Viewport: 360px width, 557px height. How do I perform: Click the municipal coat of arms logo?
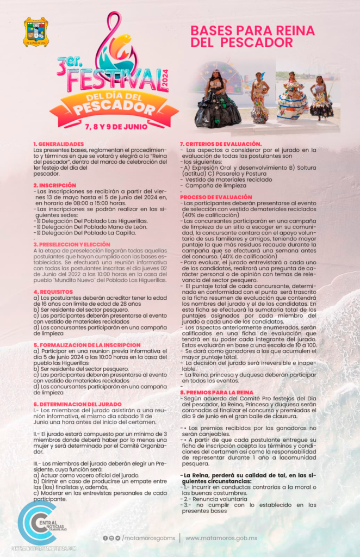[x=36, y=32]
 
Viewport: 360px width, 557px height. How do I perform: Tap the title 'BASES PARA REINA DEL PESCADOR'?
[x=244, y=36]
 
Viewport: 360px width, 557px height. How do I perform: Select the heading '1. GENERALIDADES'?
[x=55, y=144]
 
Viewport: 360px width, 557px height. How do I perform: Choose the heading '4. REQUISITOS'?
[x=51, y=292]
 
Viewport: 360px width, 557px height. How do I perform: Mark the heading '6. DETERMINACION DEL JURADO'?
[x=70, y=404]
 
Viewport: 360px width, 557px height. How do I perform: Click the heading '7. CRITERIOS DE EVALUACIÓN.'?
[x=221, y=144]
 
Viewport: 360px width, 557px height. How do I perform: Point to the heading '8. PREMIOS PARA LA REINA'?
[x=216, y=392]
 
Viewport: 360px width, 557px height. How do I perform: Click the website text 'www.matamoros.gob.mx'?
[x=221, y=538]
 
